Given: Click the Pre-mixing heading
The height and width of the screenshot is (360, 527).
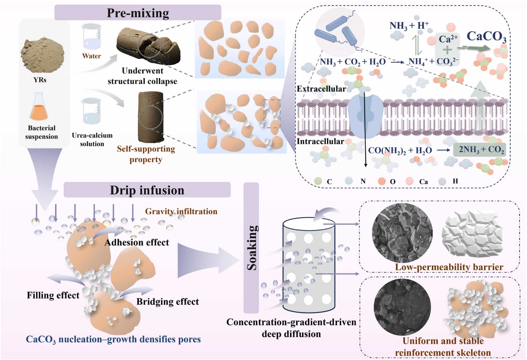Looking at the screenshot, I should (138, 12).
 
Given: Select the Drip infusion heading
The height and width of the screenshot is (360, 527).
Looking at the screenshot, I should (147, 190).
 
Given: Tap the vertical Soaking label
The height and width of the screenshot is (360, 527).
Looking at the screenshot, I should (251, 247).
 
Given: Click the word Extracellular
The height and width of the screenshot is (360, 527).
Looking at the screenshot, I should (315, 89).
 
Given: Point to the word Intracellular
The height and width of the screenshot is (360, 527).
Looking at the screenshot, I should (316, 142).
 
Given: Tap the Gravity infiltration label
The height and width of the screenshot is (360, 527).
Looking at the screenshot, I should (181, 211).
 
